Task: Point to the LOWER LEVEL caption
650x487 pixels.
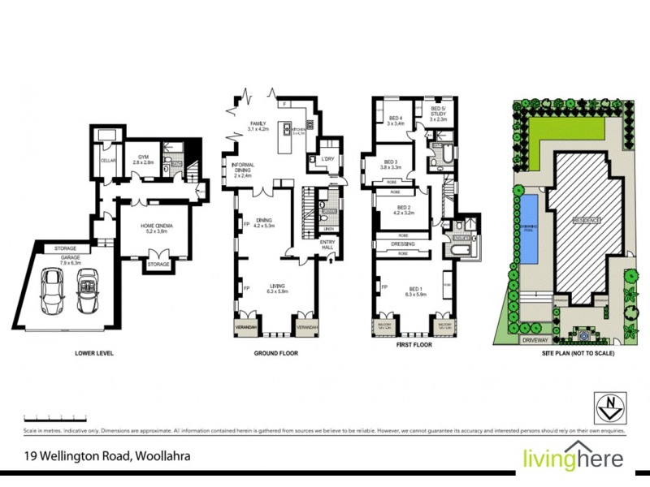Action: coord(93,353)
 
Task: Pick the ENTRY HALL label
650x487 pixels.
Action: coord(327,243)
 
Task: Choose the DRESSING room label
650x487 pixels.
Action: coord(403,243)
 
